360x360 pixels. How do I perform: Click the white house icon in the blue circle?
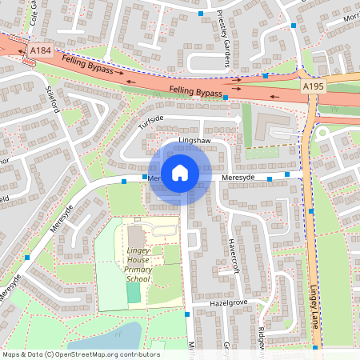click(x=180, y=173)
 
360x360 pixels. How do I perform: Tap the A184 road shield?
click(x=40, y=50)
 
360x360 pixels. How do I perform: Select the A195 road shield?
click(x=312, y=85)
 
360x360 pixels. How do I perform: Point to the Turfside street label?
click(x=150, y=122)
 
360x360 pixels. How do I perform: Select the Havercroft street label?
click(x=234, y=254)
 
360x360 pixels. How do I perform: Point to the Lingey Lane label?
click(x=314, y=312)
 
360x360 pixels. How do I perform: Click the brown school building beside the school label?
click(x=135, y=238)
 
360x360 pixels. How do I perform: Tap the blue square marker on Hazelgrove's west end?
click(x=187, y=314)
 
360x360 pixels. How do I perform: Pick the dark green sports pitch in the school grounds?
click(x=133, y=293)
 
